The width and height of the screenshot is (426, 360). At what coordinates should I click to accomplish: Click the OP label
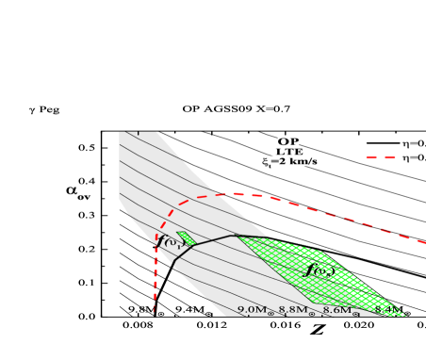click(287, 141)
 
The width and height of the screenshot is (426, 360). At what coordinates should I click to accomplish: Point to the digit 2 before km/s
click(281, 161)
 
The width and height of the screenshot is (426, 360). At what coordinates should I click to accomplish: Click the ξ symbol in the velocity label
click(267, 162)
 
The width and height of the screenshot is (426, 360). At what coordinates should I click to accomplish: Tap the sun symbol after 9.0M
click(270, 312)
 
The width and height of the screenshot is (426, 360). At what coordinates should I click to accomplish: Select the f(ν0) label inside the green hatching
click(320, 271)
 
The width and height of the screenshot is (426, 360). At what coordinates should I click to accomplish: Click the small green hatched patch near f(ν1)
click(186, 238)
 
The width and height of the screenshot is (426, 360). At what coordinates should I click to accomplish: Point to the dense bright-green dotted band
click(363, 278)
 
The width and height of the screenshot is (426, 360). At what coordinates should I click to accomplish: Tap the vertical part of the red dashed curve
click(155, 283)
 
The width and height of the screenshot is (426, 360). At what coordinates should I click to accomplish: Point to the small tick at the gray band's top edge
click(138, 133)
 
